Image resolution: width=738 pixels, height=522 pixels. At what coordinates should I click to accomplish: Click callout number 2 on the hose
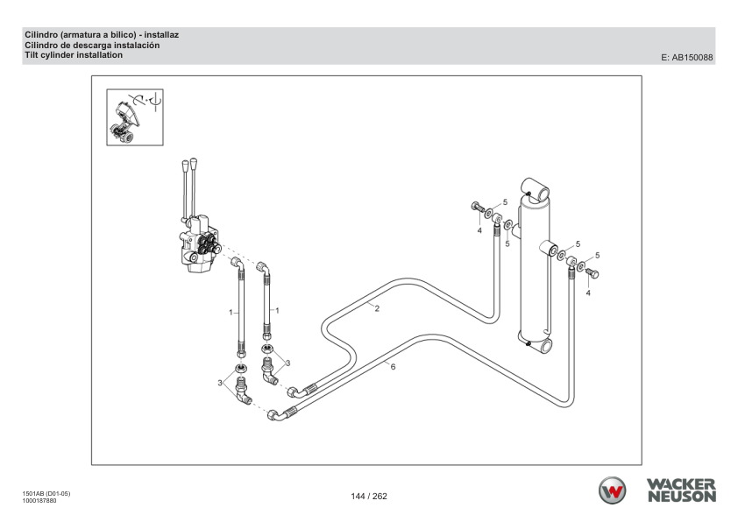[x=377, y=308]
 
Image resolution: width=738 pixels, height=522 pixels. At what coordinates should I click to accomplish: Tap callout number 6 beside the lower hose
[x=393, y=367]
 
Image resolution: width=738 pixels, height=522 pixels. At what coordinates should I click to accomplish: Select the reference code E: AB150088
[x=686, y=58]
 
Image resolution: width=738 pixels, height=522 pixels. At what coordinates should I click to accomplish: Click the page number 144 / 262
[x=369, y=496]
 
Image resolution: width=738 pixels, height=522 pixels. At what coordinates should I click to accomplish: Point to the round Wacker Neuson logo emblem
[x=612, y=490]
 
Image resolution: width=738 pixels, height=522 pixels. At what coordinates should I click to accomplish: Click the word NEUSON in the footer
[x=682, y=497]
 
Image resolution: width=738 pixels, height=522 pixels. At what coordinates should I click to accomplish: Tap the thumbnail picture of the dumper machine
[x=135, y=117]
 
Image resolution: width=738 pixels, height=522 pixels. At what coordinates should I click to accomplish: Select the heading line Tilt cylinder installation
[x=74, y=55]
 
